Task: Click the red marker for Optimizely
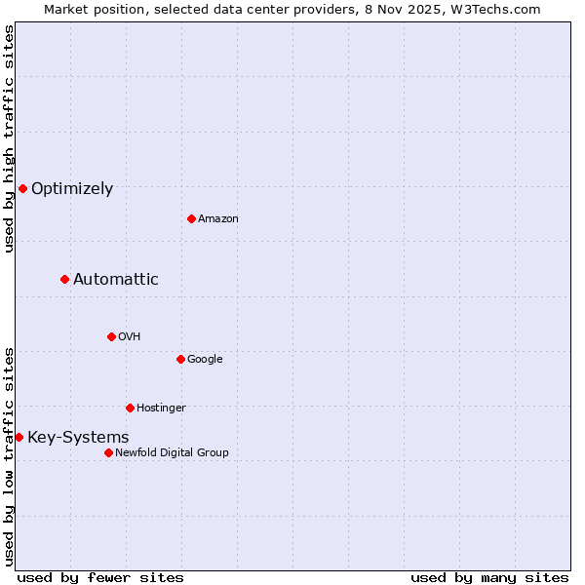pyautogui.click(x=22, y=188)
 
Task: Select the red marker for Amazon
pyautogui.click(x=191, y=218)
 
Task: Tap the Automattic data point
pyautogui.click(x=64, y=279)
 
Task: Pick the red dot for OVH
pyautogui.click(x=111, y=336)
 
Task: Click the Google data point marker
pyautogui.click(x=180, y=359)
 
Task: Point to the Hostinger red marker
pyautogui.click(x=130, y=408)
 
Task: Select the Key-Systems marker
pyautogui.click(x=19, y=437)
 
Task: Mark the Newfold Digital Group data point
pyautogui.click(x=108, y=452)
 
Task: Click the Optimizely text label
pyautogui.click(x=72, y=189)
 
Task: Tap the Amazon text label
pyautogui.click(x=218, y=219)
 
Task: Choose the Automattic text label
pyautogui.click(x=115, y=280)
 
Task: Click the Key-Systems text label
pyautogui.click(x=78, y=438)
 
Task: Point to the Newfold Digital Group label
pyautogui.click(x=172, y=452)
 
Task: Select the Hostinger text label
pyautogui.click(x=161, y=408)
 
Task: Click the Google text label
pyautogui.click(x=205, y=360)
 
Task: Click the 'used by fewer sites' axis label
pyautogui.click(x=100, y=577)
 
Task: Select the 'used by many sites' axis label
pyautogui.click(x=489, y=577)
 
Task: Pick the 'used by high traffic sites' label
pyautogui.click(x=9, y=138)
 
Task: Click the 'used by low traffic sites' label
pyautogui.click(x=9, y=455)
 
